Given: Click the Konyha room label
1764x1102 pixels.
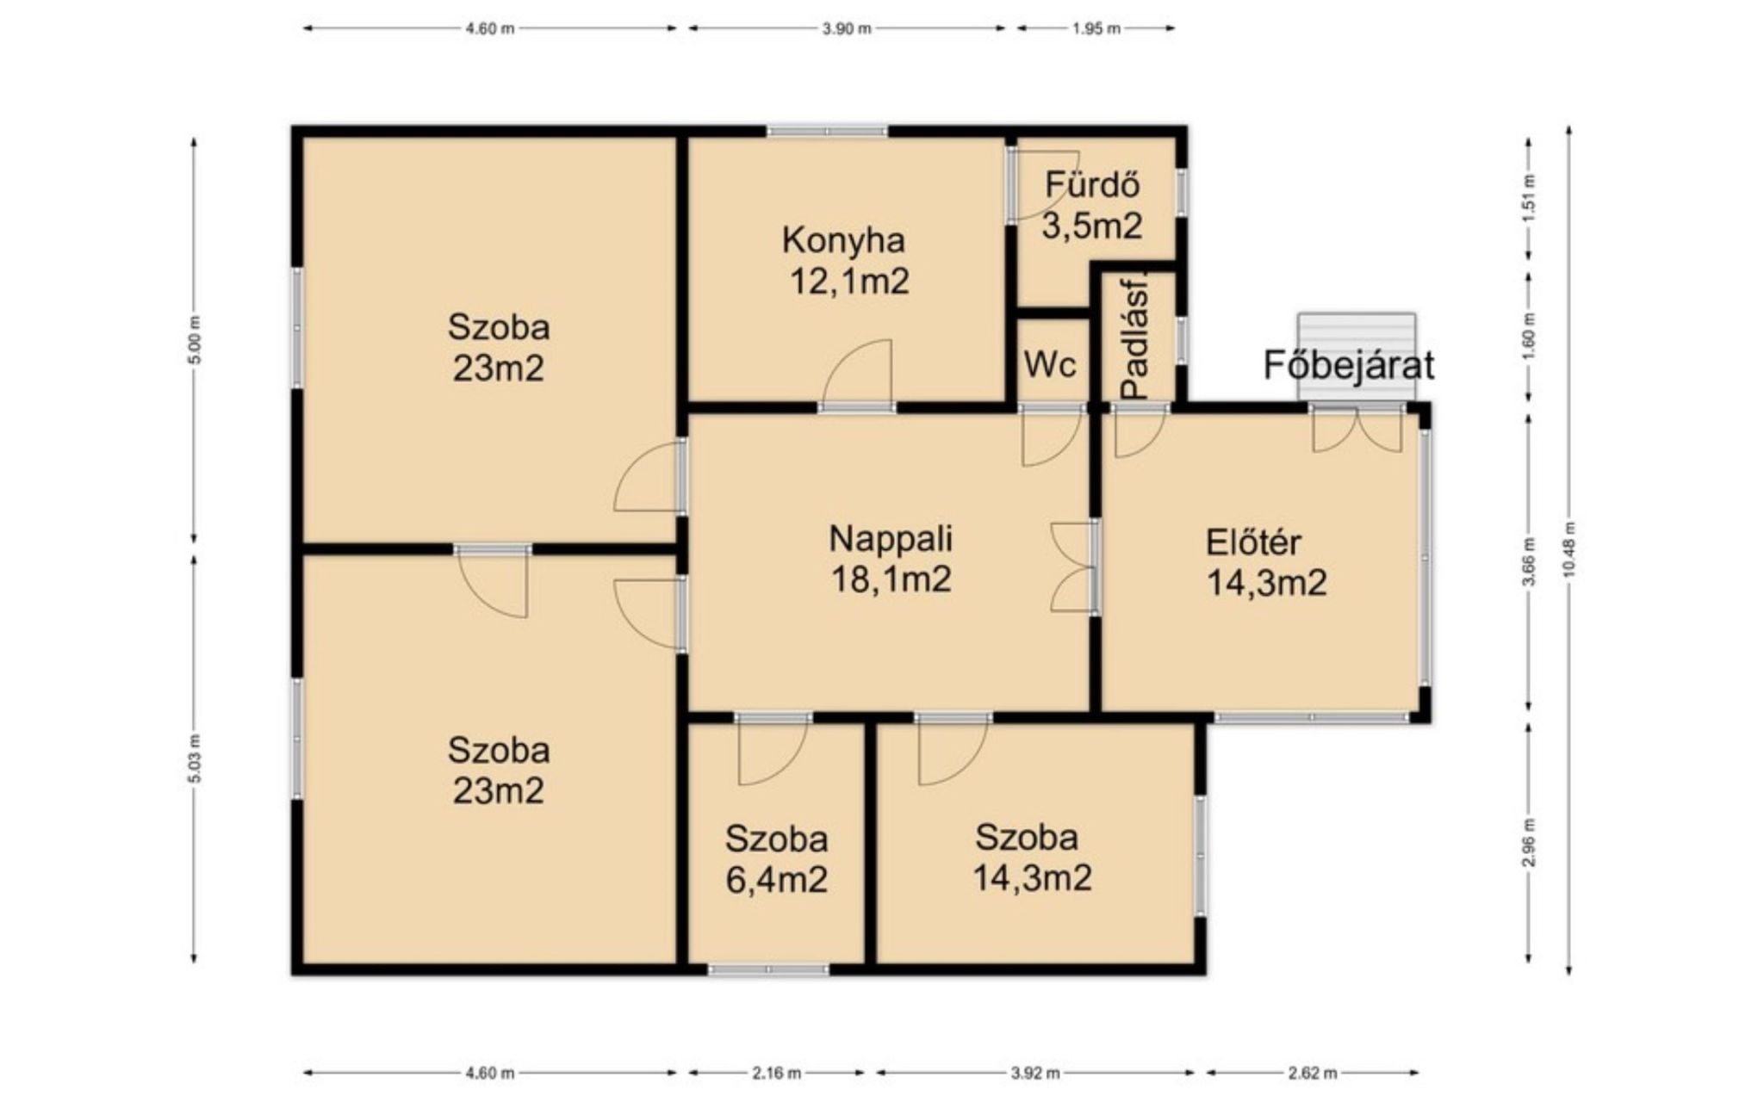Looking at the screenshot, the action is (x=843, y=240).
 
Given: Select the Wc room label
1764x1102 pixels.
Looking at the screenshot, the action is (x=1050, y=364).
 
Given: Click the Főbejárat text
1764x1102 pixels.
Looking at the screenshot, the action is (x=1349, y=365).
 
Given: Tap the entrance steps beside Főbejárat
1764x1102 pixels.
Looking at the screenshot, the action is (x=1357, y=356).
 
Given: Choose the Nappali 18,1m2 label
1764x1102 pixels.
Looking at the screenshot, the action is (x=891, y=559).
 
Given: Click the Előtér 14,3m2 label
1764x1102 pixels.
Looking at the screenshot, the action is (x=1265, y=563).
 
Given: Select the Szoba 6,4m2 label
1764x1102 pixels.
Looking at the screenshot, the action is (x=776, y=859).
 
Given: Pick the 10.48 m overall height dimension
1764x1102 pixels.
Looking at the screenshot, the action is (x=1569, y=551).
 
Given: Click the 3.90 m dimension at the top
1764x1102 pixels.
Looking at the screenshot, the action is (x=847, y=28).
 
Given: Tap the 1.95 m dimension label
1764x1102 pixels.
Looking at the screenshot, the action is (x=1096, y=28).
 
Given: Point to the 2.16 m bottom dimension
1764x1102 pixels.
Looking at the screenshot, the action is (x=776, y=1073).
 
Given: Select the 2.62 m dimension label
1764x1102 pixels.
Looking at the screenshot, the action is (x=1312, y=1073).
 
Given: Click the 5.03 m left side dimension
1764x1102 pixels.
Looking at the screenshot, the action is (x=194, y=758).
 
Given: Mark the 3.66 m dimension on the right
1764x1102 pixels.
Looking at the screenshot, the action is (x=1529, y=561).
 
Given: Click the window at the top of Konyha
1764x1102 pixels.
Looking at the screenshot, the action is (x=827, y=132).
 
